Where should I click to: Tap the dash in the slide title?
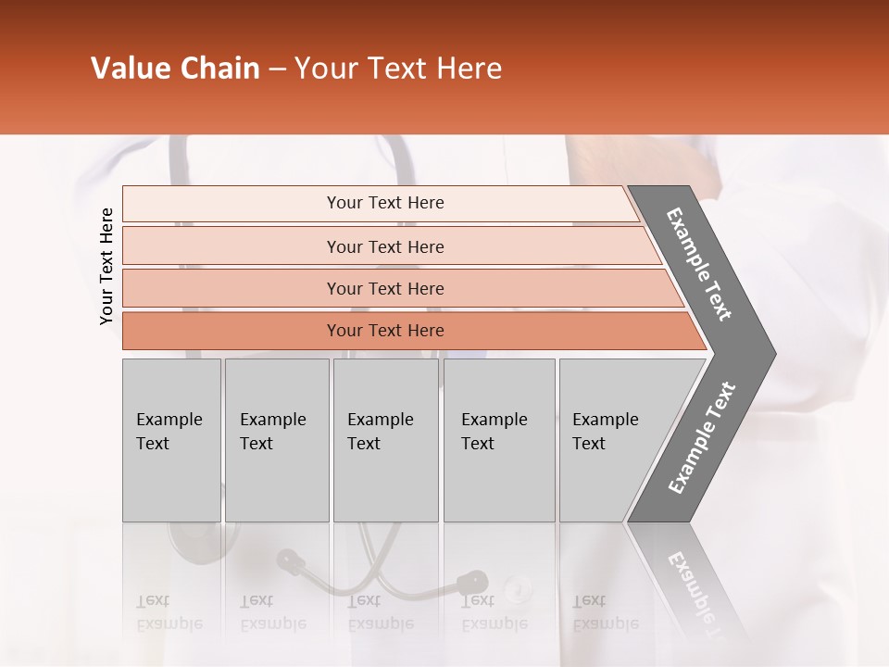pyautogui.click(x=277, y=69)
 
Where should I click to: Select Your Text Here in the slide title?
pyautogui.click(x=398, y=69)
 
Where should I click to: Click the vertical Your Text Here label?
pyautogui.click(x=106, y=267)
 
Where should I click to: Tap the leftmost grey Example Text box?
pyautogui.click(x=171, y=440)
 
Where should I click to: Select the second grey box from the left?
pyautogui.click(x=276, y=440)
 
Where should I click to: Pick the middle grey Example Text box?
pyautogui.click(x=385, y=440)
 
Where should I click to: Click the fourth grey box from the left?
pyautogui.click(x=499, y=440)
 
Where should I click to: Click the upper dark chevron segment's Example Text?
pyautogui.click(x=699, y=264)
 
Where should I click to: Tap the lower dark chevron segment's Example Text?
pyautogui.click(x=702, y=438)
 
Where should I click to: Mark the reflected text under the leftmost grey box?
pyautogui.click(x=169, y=612)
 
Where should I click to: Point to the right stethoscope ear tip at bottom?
pyautogui.click(x=472, y=582)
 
